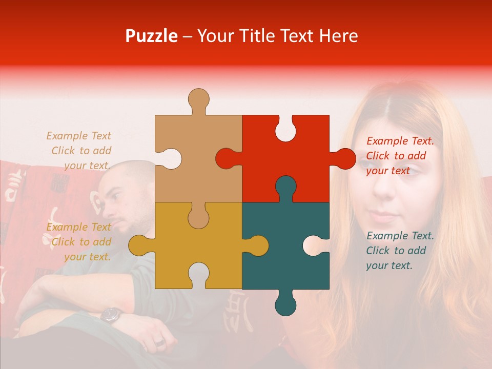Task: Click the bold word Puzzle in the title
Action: click(152, 36)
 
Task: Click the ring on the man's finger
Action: click(159, 342)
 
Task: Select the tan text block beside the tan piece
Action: click(79, 151)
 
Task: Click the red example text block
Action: click(400, 156)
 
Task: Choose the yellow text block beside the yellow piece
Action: click(79, 242)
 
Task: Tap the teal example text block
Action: click(400, 251)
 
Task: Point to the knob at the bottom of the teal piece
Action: click(285, 305)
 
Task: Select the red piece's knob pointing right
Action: click(344, 158)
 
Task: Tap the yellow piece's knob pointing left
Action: click(139, 245)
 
